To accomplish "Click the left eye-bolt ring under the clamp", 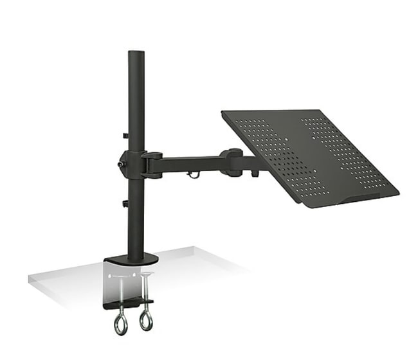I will click(x=120, y=323).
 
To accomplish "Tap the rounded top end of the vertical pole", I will click(x=136, y=54).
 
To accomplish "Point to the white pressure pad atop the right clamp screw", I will click(x=147, y=274).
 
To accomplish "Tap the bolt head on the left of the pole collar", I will click(x=120, y=165).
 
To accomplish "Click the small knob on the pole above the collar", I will click(x=125, y=136).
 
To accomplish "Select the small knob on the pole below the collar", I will click(x=125, y=204).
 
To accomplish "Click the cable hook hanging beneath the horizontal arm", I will click(x=192, y=174).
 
